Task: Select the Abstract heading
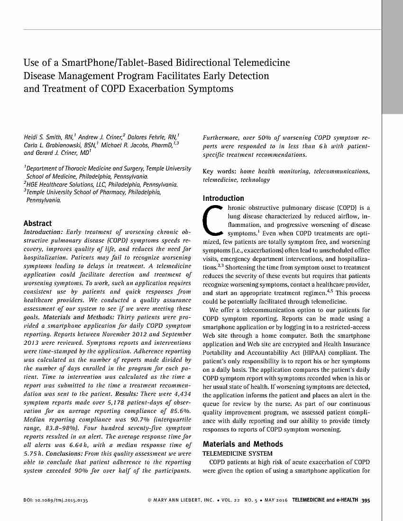click(x=37, y=223)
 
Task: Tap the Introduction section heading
click(x=223, y=198)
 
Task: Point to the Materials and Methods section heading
click(x=243, y=444)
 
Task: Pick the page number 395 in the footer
click(x=366, y=500)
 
